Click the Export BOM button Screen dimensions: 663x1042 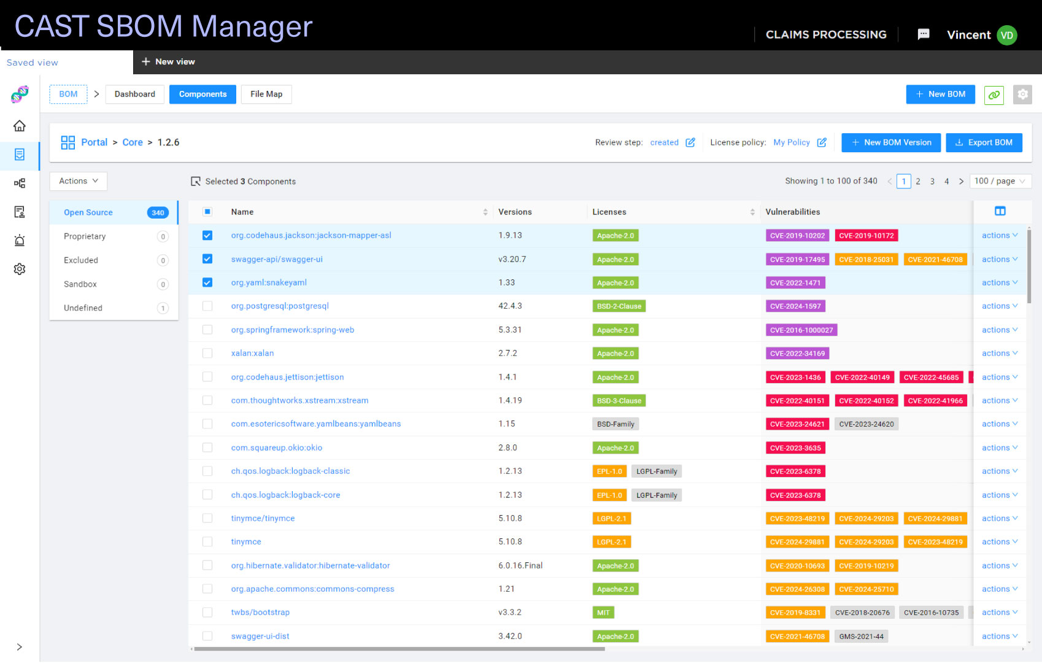[984, 142]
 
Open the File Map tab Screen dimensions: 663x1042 [266, 94]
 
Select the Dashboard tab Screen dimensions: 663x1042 [134, 94]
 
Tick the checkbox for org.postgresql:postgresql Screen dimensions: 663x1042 [207, 306]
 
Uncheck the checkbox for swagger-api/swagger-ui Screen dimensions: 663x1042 [207, 259]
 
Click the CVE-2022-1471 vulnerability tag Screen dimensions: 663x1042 [795, 283]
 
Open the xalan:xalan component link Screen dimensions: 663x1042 [252, 353]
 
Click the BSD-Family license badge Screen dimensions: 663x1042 [615, 424]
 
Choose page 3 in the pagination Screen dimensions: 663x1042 [932, 181]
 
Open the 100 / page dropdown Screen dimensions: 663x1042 [999, 181]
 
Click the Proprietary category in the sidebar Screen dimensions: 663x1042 [85, 236]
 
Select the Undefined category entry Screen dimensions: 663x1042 [83, 308]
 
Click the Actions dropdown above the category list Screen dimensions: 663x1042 [78, 181]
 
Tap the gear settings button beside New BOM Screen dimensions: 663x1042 [1022, 95]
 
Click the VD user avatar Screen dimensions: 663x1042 [1006, 35]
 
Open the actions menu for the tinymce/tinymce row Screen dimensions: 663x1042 [998, 518]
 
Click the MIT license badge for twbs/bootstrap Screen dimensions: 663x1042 [603, 613]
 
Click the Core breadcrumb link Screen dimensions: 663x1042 [133, 142]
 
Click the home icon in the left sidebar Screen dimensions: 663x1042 [20, 126]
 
